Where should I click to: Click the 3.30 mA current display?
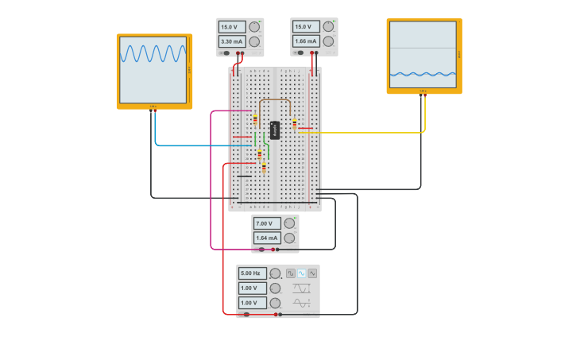pos(231,41)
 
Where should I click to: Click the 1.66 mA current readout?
pos(305,41)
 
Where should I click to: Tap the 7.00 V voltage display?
pos(267,223)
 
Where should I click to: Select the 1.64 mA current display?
pos(267,238)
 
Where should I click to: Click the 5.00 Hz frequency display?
pos(251,273)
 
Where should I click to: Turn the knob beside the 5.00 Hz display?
pos(275,273)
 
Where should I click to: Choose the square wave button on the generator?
pos(291,273)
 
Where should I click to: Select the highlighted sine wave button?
pos(302,273)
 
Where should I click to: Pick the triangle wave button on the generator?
pos(312,273)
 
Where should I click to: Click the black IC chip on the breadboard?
pos(275,130)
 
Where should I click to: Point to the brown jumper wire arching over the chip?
pos(275,99)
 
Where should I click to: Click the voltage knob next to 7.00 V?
pos(289,223)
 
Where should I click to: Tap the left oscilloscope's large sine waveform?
pos(153,53)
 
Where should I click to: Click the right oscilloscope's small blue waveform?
pos(423,75)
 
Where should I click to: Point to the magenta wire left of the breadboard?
pos(211,183)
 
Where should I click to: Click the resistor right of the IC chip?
pos(295,123)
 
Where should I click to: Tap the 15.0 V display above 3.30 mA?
pos(231,26)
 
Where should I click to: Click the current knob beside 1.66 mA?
pos(327,41)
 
